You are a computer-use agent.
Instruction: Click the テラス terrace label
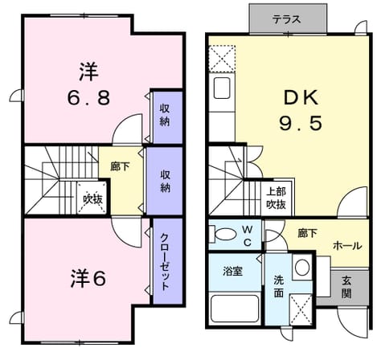(286, 19)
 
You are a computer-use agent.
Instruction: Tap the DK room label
(301, 98)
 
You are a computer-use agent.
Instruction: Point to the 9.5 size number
(301, 124)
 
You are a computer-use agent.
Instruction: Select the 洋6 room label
(88, 278)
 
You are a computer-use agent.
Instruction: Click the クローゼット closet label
(165, 261)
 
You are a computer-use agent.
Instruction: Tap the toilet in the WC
(223, 234)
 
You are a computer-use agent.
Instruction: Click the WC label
(248, 235)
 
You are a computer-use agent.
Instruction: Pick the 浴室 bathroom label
(232, 271)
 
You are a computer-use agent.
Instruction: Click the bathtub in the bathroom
(235, 309)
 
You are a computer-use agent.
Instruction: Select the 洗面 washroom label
(279, 286)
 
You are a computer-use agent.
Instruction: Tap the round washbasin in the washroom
(302, 267)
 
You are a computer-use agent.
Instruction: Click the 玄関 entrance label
(346, 288)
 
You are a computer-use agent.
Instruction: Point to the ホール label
(347, 245)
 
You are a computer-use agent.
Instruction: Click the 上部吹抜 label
(276, 198)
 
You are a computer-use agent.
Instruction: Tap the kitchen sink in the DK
(222, 88)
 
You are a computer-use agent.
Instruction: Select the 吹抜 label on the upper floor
(92, 199)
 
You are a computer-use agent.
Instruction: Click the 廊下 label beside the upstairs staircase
(121, 167)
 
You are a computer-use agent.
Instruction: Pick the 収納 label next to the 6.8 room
(165, 115)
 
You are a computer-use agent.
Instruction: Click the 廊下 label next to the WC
(307, 233)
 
